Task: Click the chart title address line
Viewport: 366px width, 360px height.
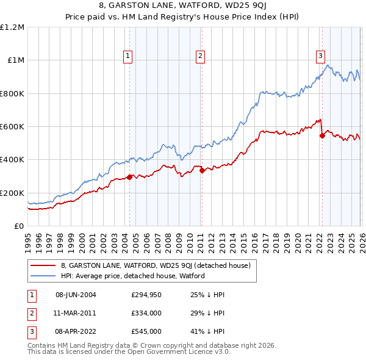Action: pos(183,7)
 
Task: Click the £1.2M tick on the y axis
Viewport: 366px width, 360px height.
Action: pos(12,27)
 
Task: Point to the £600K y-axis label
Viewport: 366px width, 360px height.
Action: pos(12,127)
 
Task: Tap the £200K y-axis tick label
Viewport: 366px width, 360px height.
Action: pos(12,193)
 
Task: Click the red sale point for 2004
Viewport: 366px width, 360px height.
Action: pos(129,178)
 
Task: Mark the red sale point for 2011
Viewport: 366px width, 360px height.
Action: pos(201,171)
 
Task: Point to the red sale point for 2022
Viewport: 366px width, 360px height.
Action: pos(321,136)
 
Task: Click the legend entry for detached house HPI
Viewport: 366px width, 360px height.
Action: pos(132,276)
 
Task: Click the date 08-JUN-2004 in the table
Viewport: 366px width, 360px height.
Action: pos(76,295)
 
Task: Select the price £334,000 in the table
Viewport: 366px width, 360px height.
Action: pos(146,313)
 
